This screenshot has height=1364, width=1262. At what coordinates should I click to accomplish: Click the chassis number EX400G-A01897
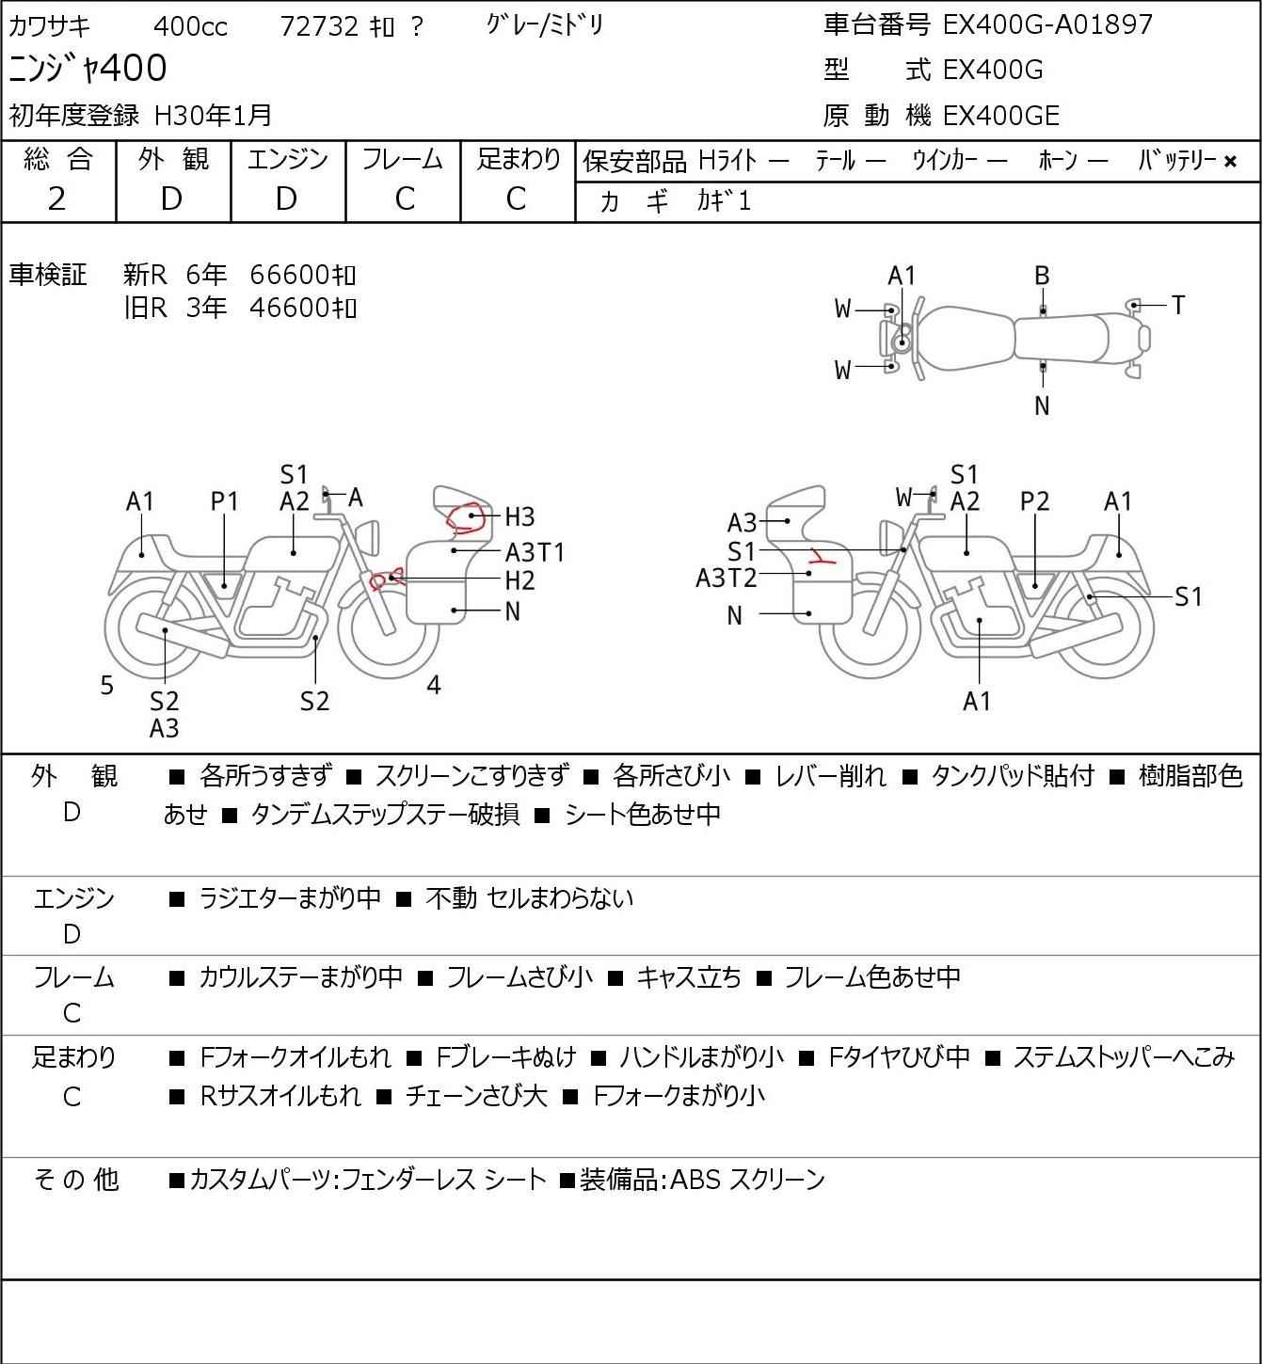click(x=1046, y=24)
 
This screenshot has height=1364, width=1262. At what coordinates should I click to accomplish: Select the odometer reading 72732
click(x=319, y=26)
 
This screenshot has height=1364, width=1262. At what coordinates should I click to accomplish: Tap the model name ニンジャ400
click(x=88, y=68)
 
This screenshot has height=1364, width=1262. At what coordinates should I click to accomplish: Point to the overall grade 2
click(x=57, y=199)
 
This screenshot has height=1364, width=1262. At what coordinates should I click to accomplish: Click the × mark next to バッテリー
click(x=1230, y=162)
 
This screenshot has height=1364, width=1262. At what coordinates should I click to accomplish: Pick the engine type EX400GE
click(x=1000, y=116)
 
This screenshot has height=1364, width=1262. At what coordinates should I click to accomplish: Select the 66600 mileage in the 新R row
click(x=302, y=275)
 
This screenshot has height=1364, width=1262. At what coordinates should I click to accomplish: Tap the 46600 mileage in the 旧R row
click(x=302, y=307)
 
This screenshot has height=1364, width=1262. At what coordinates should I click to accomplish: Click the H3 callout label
click(x=519, y=517)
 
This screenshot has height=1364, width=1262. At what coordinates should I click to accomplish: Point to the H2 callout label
click(x=519, y=581)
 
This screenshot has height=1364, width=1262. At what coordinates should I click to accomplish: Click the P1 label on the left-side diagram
click(x=224, y=501)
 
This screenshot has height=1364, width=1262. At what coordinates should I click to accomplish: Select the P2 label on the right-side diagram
click(x=1034, y=501)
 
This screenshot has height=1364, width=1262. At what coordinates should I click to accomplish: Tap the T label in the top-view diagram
click(x=1178, y=305)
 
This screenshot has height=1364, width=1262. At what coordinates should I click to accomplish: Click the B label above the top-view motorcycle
click(x=1042, y=277)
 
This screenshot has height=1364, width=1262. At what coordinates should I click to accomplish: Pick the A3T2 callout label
click(x=726, y=579)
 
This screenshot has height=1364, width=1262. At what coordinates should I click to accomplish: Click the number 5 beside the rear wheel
click(x=106, y=686)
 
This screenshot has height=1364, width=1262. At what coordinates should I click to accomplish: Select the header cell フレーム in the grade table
click(x=402, y=160)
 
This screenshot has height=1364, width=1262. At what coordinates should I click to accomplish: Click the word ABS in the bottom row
click(x=695, y=1180)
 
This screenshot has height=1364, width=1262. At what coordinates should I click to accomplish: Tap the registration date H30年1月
click(x=213, y=116)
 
